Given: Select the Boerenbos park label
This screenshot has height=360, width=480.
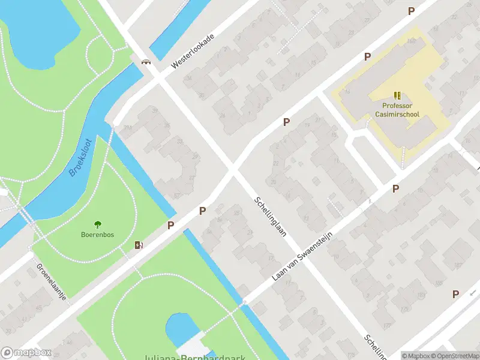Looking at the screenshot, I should pos(97,235).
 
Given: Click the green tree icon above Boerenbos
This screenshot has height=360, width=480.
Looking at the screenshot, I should pos(98,224).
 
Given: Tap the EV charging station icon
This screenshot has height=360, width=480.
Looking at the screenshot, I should pos(139,245).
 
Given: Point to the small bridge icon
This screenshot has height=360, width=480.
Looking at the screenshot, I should pos(145,61).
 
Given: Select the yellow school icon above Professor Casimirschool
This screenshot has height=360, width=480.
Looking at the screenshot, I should pos(397,95).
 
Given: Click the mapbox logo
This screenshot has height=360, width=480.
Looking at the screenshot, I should pos(26,353).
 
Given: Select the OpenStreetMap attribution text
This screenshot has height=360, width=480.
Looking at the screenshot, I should pos(454,356).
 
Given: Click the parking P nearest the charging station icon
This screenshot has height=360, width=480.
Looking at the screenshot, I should pos(171,226).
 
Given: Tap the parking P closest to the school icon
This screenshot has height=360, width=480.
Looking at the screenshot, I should pos(367,56).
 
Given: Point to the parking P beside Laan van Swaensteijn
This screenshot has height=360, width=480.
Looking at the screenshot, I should pos(395,188).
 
